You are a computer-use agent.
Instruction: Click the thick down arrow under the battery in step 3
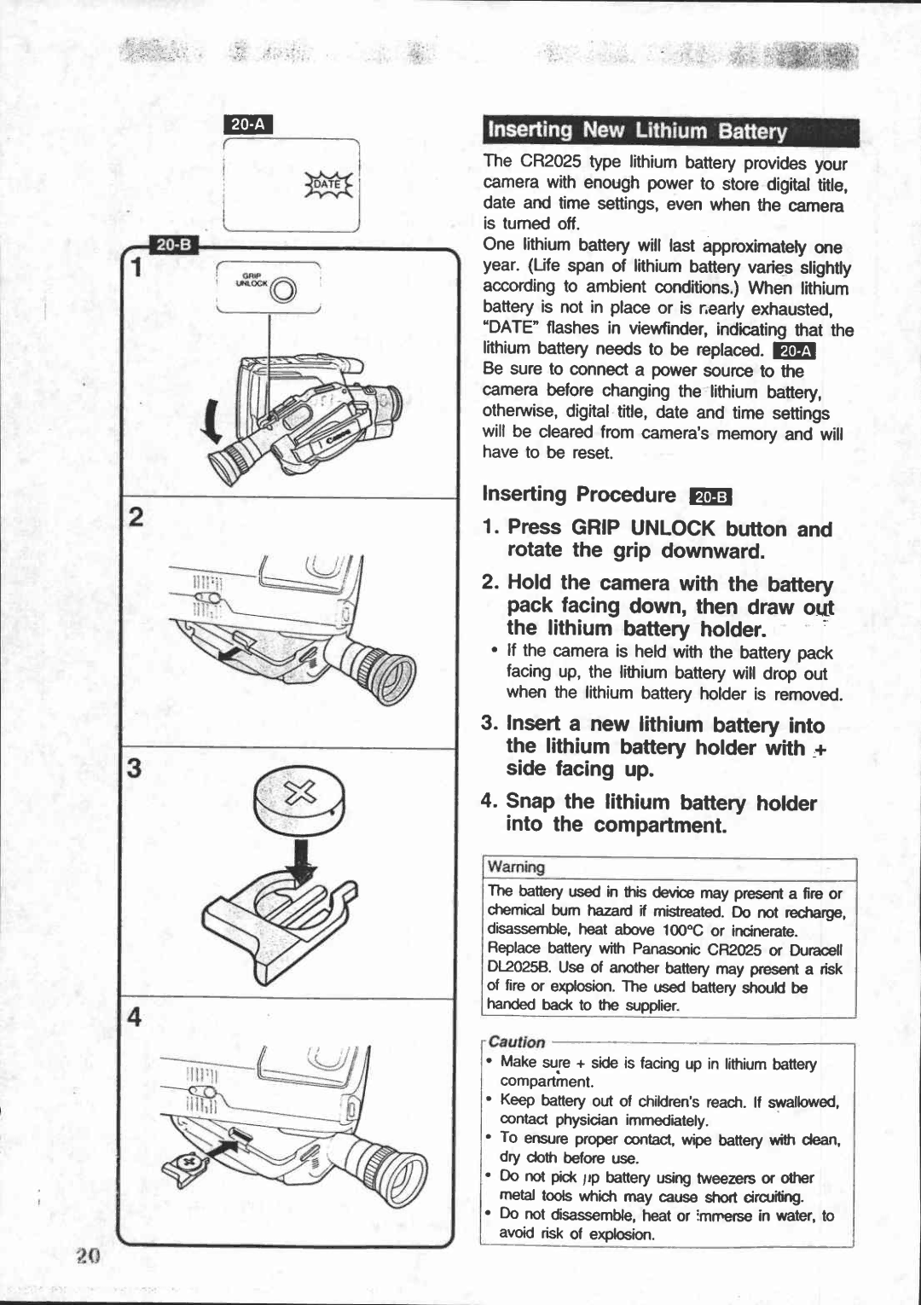301,863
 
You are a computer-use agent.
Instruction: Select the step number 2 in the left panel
135,519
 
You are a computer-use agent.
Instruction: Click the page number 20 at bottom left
87,1256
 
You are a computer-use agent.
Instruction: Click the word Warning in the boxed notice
516,867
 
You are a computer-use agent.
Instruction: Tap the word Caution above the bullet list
517,1041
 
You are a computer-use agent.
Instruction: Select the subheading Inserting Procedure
579,495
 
